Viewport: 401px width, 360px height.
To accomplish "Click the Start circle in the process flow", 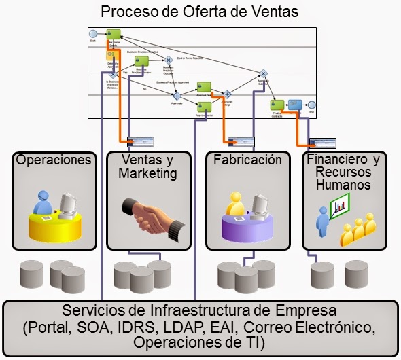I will pos(93,33).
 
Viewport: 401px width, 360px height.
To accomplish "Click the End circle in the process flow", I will pos(312,105).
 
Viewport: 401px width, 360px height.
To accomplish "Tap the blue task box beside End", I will pos(295,105).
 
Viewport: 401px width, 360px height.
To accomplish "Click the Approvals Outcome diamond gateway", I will pos(263,73).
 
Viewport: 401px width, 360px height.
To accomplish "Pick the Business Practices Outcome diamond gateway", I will pos(168,58).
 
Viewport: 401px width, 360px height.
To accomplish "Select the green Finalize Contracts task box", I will pos(277,105).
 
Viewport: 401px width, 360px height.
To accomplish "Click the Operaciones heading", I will pos(53,160).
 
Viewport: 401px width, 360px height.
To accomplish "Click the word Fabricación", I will pos(247,160).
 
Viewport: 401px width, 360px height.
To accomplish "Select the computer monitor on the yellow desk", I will pos(68,202).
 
